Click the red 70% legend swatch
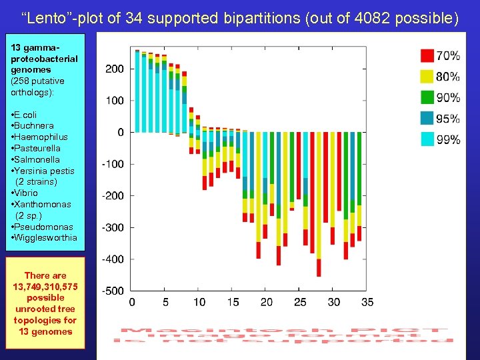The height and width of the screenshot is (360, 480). (427, 55)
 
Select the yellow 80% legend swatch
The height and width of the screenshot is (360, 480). (427, 76)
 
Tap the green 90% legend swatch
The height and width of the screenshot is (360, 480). (427, 97)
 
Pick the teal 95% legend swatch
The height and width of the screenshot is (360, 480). (427, 119)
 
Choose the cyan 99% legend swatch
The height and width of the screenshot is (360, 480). (427, 139)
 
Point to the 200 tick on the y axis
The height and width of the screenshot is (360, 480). (115, 69)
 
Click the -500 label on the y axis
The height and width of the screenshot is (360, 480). (113, 291)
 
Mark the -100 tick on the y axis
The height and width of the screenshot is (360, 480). (113, 164)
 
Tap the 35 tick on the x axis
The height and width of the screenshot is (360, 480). (367, 303)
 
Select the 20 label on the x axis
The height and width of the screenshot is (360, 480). (267, 303)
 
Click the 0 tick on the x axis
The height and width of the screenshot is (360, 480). (132, 303)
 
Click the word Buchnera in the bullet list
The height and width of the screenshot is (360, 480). (35, 125)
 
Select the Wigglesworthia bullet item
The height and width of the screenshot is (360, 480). (46, 237)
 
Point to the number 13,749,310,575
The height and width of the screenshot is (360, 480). (45, 287)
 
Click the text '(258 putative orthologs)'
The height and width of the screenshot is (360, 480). (37, 86)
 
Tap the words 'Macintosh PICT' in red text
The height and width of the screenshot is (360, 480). (283, 331)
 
